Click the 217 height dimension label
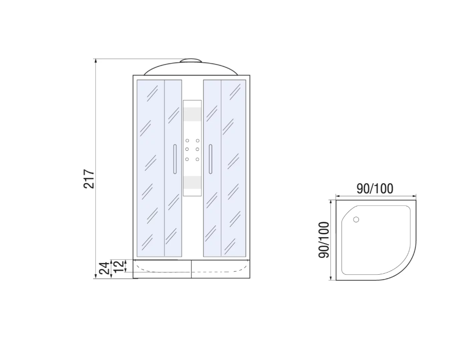(x=89, y=179)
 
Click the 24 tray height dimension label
(x=104, y=268)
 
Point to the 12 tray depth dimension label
(x=118, y=266)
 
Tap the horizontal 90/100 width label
(x=375, y=188)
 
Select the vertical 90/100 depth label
(x=324, y=240)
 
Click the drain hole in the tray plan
(x=356, y=220)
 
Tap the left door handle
(x=175, y=159)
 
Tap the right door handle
(x=210, y=159)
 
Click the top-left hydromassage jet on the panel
(x=187, y=140)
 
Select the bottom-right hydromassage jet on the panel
(x=198, y=159)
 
